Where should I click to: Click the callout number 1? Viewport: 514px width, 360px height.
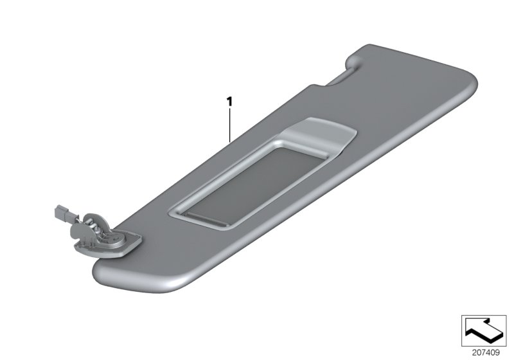pos(229,101)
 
